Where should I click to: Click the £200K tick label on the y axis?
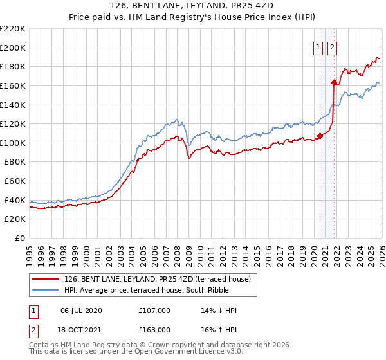pos(13,48)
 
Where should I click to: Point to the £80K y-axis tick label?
pos(15,162)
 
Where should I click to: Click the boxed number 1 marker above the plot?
pos(318,47)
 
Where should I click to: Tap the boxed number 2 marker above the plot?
pos(332,47)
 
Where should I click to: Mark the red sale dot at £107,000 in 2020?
pos(320,136)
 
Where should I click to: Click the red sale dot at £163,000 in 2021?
pos(334,82)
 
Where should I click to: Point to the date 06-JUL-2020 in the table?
pos(81,310)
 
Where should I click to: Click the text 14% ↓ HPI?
pos(219,310)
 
